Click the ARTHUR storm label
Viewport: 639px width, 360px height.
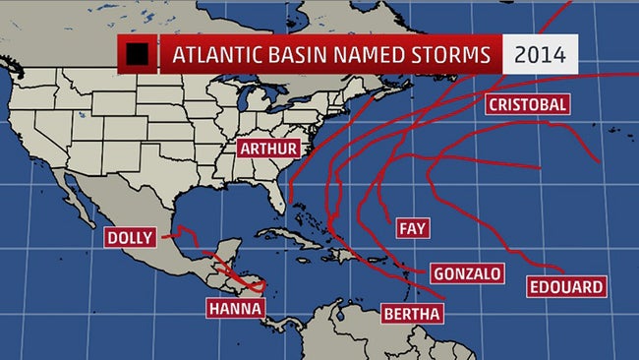(x=267, y=149)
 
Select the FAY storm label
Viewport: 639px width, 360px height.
(x=411, y=228)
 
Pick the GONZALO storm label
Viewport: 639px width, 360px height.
(x=467, y=273)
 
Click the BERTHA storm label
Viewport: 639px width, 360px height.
(x=411, y=314)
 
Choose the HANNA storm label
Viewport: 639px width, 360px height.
(x=235, y=308)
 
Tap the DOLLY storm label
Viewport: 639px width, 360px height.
(x=132, y=238)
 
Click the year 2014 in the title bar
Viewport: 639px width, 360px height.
(x=539, y=55)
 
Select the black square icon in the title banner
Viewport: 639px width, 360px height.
(x=140, y=54)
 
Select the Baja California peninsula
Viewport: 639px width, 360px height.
(x=74, y=202)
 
